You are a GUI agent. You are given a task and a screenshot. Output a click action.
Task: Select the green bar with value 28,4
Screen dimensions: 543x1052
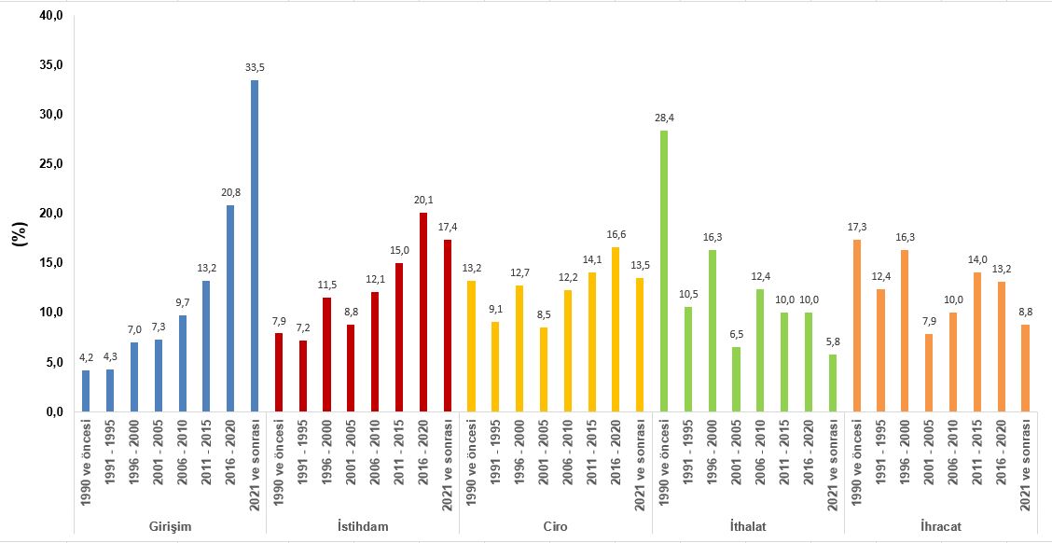tap(664, 271)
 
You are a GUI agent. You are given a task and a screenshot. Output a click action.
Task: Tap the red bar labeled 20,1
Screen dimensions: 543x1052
tap(422, 312)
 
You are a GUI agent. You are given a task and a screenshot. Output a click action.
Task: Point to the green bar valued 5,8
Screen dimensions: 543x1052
tap(833, 383)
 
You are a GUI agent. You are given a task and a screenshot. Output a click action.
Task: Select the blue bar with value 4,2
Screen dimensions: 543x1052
tap(86, 390)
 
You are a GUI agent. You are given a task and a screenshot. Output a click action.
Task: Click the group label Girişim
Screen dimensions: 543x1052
tap(170, 526)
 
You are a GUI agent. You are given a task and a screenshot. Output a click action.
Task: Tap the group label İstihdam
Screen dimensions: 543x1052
tap(363, 526)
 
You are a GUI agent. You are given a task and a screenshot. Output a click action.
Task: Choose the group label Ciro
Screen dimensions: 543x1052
tap(556, 526)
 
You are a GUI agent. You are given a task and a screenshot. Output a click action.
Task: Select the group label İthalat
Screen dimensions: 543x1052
tap(748, 526)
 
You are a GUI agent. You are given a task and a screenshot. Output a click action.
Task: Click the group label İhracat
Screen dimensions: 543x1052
tap(941, 526)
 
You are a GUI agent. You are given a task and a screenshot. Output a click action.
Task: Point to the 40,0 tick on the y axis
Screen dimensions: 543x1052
tap(50, 16)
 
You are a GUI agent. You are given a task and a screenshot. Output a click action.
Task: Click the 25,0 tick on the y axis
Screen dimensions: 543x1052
tap(50, 164)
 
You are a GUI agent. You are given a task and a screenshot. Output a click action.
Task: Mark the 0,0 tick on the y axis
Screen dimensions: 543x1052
tap(50, 411)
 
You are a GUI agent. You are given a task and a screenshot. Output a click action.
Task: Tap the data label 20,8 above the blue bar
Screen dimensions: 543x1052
tap(230, 191)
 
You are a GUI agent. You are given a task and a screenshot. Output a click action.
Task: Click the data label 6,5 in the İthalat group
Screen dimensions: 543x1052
tap(736, 333)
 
